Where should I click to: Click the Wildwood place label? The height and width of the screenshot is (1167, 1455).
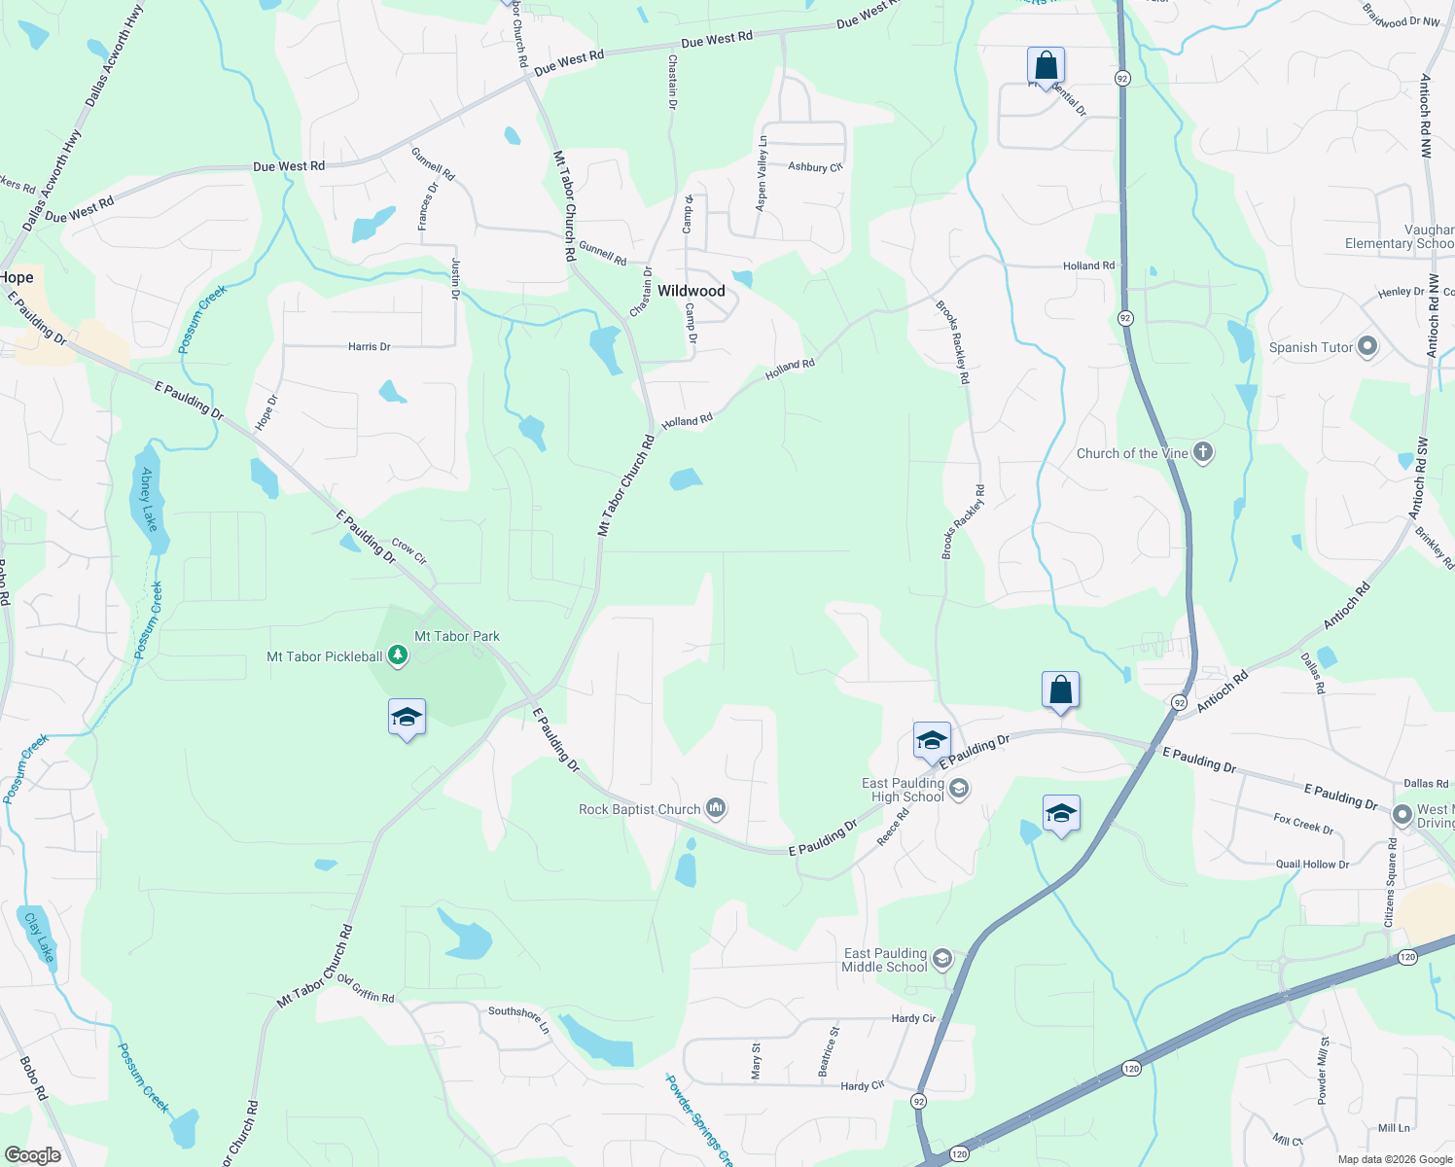click(x=691, y=291)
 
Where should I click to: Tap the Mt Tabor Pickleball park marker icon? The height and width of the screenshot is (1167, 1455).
click(x=397, y=655)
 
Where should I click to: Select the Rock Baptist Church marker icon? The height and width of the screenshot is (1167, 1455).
click(x=717, y=807)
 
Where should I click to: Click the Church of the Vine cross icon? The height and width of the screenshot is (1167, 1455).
click(x=1203, y=452)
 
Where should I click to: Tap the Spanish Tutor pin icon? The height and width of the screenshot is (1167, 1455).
click(x=1367, y=346)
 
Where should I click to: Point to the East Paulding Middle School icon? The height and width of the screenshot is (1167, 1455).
click(x=941, y=959)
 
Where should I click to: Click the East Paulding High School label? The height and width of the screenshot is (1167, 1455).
click(x=904, y=790)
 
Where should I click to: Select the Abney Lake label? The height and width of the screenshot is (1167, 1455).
click(x=149, y=499)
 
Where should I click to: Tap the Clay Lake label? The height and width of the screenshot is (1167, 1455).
click(x=39, y=937)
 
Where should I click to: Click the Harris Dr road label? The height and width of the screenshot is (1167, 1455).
click(x=370, y=346)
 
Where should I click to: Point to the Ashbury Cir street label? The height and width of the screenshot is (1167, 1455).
click(x=815, y=167)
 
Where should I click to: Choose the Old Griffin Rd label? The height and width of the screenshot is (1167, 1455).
click(x=366, y=989)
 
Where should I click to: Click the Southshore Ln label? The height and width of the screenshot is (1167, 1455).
click(x=518, y=1018)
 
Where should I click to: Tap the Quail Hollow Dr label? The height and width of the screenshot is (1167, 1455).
click(x=1312, y=864)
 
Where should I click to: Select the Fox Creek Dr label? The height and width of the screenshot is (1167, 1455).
click(x=1303, y=824)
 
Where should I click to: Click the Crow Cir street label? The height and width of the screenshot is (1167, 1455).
click(x=409, y=551)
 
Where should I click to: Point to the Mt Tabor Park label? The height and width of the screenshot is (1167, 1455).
click(x=457, y=636)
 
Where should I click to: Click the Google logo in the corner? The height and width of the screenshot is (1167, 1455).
click(x=32, y=1155)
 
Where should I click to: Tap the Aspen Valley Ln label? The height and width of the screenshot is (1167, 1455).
click(x=762, y=172)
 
